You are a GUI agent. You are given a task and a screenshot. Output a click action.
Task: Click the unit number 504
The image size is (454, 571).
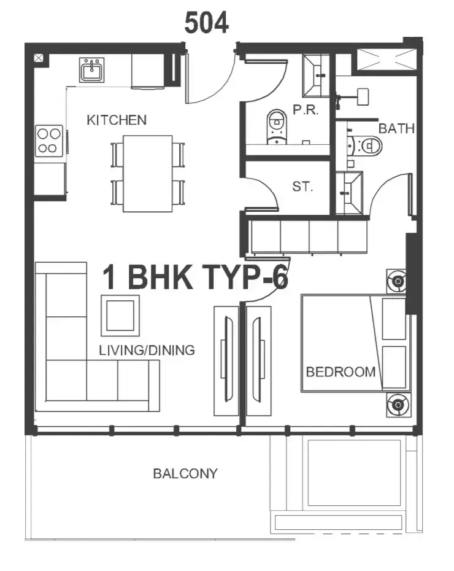[x=207, y=22]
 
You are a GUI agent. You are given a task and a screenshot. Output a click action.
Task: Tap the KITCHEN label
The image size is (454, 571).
[x=117, y=120]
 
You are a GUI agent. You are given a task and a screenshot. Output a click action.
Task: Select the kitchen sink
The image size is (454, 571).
[x=92, y=70]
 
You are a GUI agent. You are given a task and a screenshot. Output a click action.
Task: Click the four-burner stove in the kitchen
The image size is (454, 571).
[x=49, y=141]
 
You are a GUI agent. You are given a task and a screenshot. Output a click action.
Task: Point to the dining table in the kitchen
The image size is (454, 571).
[x=148, y=173]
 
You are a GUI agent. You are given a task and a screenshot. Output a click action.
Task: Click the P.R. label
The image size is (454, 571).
[x=306, y=110]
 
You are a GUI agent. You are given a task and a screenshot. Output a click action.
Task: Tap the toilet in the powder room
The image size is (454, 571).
[x=277, y=126]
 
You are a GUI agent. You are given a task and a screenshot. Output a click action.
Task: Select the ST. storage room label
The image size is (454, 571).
[x=302, y=187]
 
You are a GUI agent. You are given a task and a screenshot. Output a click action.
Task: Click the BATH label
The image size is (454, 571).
[x=396, y=128]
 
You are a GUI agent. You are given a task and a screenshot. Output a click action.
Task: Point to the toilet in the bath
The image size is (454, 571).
[x=366, y=146]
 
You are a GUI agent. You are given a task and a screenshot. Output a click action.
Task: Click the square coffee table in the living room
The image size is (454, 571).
[x=120, y=316]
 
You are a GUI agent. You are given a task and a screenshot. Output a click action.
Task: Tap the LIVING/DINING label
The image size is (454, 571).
[x=147, y=351]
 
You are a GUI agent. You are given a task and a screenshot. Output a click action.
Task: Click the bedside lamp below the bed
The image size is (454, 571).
[x=398, y=405]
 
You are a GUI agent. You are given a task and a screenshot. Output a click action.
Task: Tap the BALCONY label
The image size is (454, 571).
[x=185, y=473]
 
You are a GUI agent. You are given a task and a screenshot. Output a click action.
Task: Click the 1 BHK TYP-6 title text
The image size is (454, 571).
[x=195, y=277]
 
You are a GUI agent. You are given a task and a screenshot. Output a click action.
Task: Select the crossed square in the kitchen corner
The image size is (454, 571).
[x=39, y=58]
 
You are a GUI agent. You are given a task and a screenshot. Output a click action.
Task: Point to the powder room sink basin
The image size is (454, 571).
[x=316, y=76]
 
